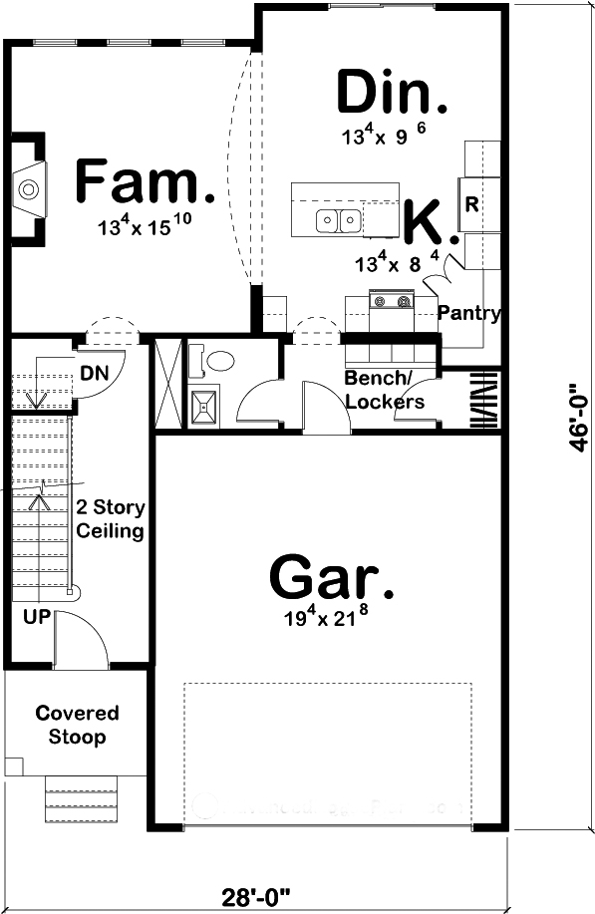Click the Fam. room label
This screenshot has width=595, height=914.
pos(145,183)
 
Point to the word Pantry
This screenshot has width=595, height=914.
pos(468,313)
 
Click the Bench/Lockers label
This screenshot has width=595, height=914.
pos(385,391)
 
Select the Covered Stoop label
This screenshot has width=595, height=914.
pos(77,726)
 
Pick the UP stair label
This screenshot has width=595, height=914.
pos(36,616)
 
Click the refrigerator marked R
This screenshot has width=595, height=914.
pos(472,204)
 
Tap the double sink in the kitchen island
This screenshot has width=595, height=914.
pos(339,220)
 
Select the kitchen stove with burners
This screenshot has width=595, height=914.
pos(391,302)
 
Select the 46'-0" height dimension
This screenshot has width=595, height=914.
pos(575,419)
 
